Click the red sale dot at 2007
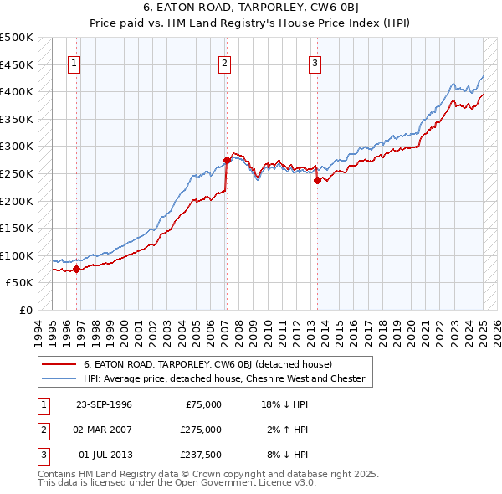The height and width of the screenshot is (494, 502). tap(227, 160)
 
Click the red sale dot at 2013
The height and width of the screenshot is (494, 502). tap(317, 179)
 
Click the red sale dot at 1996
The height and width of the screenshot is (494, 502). tap(76, 269)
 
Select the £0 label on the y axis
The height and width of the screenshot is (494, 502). tap(25, 310)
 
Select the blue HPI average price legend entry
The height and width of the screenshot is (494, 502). tap(224, 378)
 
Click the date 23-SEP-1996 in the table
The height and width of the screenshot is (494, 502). tap(104, 404)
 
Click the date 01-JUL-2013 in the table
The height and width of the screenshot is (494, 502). tap(104, 455)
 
